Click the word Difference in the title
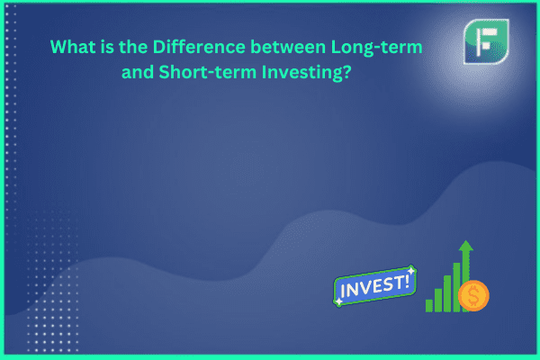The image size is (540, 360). click(x=199, y=47)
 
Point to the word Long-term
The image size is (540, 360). click(x=376, y=48)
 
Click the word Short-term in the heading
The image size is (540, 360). click(x=208, y=72)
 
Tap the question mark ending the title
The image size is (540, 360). click(x=346, y=72)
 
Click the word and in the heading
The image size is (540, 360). click(x=138, y=72)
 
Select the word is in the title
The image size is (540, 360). click(x=107, y=47)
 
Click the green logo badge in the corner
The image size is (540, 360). click(x=486, y=41)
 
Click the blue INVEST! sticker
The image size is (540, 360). click(x=375, y=286)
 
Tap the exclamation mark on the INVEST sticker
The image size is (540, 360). click(x=407, y=282)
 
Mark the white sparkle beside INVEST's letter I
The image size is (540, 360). click(x=339, y=301)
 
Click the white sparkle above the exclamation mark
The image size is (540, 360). click(x=411, y=271)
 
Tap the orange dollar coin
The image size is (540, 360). click(x=473, y=295)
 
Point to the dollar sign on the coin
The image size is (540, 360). click(x=473, y=295)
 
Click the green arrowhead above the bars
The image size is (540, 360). click(x=466, y=246)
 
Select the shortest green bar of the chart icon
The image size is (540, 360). click(x=429, y=306)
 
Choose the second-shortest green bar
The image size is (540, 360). click(x=438, y=300)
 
